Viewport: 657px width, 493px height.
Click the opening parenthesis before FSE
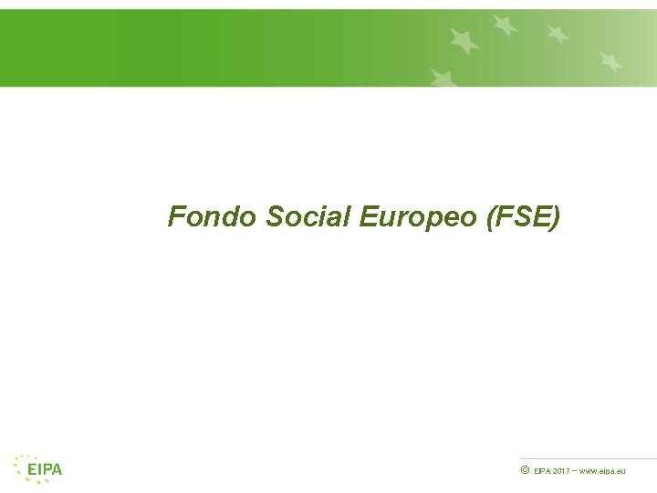[494, 218]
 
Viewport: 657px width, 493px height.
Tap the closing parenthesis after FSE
[556, 218]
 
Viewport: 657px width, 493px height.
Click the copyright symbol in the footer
[525, 470]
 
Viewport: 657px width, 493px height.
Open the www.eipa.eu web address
[603, 471]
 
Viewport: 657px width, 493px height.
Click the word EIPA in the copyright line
[542, 471]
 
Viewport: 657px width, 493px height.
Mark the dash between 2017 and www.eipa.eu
[576, 470]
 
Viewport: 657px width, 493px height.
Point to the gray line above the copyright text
[589, 458]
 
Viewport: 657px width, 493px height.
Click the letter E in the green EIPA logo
[32, 470]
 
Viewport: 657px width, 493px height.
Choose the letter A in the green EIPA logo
[57, 470]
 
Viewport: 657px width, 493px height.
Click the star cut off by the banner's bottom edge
[443, 79]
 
